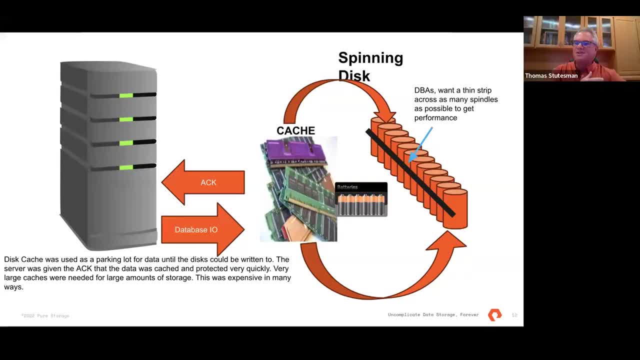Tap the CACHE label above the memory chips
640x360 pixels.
295,130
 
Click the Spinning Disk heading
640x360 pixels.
370,66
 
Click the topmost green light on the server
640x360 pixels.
126,95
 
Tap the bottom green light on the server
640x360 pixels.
126,167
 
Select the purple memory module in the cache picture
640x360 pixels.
290,150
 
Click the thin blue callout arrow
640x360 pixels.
421,144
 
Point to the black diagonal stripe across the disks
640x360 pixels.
410,172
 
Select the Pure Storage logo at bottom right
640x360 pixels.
494,315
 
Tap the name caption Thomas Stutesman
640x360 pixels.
551,76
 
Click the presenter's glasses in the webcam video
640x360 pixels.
583,44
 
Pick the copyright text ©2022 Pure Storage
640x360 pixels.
45,316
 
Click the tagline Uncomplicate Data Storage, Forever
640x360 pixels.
433,315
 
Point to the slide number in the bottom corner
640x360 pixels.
514,315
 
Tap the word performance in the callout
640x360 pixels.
435,118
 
